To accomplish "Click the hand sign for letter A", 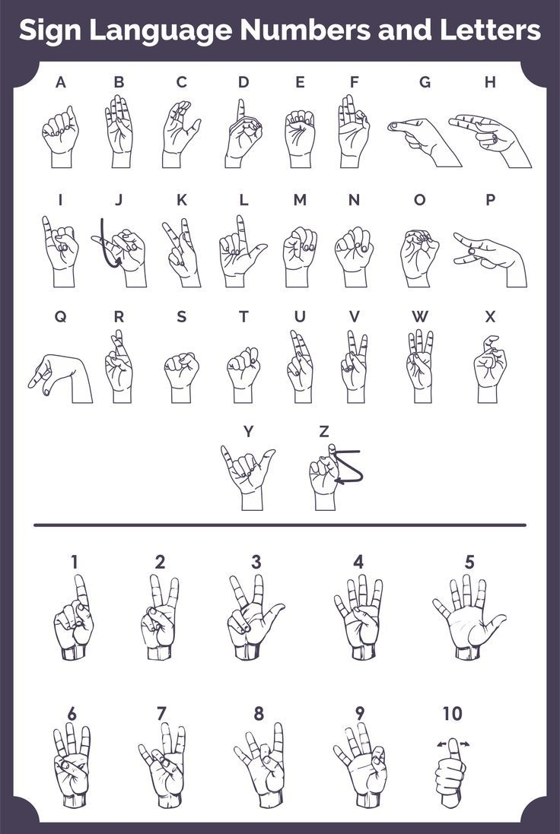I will click(x=60, y=135).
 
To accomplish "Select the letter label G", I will click(x=425, y=82).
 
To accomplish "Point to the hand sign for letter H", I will click(x=491, y=138).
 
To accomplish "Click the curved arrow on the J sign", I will click(x=107, y=247).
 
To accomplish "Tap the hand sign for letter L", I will click(x=240, y=251).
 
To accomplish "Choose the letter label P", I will click(x=490, y=200).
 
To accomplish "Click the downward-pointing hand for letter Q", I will click(x=60, y=377).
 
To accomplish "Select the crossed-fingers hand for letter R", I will click(x=119, y=366).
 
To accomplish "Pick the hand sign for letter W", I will click(x=419, y=365).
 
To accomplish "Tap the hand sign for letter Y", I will click(x=248, y=476).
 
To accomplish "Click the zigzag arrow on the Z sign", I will click(x=348, y=467).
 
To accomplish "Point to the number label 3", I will click(x=256, y=563).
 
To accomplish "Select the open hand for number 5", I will click(x=467, y=614).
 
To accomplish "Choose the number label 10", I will click(x=452, y=714).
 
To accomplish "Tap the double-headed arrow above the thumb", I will click(x=453, y=744).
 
